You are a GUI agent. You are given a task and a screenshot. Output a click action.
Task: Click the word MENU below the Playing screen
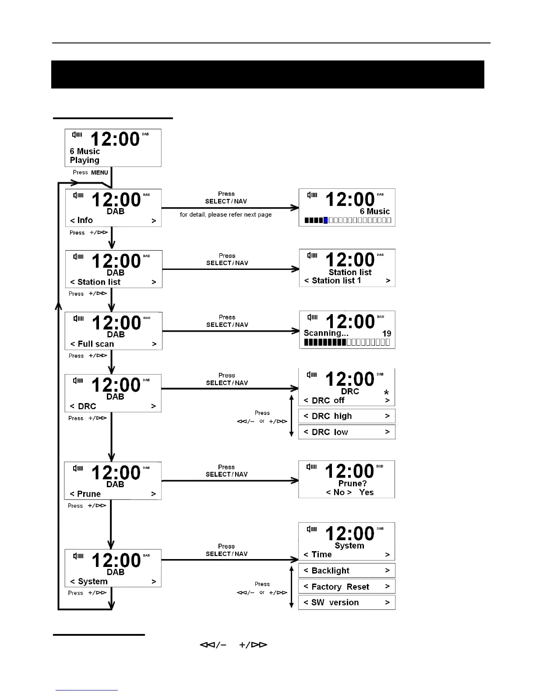[x=99, y=173]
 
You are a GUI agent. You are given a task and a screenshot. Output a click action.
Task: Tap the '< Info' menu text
[x=82, y=220]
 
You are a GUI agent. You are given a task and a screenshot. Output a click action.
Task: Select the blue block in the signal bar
[x=325, y=220]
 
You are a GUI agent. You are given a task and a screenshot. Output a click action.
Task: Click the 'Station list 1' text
[x=336, y=281]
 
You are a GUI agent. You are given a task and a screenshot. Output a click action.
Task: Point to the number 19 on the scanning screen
[x=386, y=333]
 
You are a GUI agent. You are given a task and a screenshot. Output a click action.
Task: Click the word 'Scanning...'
[x=326, y=333]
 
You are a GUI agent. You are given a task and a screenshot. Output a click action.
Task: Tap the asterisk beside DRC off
[x=386, y=393]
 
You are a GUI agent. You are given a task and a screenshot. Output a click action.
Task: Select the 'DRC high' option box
[x=346, y=416]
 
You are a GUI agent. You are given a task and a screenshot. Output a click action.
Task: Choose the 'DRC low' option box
[x=346, y=432]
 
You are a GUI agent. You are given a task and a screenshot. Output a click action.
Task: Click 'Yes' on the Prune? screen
[x=366, y=492]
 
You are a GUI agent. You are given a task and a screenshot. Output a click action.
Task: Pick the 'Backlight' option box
[x=346, y=570]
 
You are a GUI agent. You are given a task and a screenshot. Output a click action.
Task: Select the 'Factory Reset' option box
[x=346, y=587]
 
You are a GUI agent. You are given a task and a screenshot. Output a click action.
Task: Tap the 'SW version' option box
[x=346, y=602]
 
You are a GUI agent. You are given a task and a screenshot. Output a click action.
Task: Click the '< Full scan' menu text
[x=92, y=344]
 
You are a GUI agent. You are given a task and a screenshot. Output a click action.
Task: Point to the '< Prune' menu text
[x=85, y=494]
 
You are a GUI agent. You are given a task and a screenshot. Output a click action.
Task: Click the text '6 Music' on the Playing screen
[x=85, y=152]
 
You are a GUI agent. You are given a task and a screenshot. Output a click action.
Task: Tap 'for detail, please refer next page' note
[x=226, y=215]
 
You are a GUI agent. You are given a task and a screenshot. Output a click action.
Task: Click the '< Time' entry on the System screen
[x=318, y=555]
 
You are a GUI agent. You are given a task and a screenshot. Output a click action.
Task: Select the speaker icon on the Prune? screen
[x=311, y=467]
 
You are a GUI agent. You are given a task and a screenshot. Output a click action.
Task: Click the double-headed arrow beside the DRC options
[x=292, y=416]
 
